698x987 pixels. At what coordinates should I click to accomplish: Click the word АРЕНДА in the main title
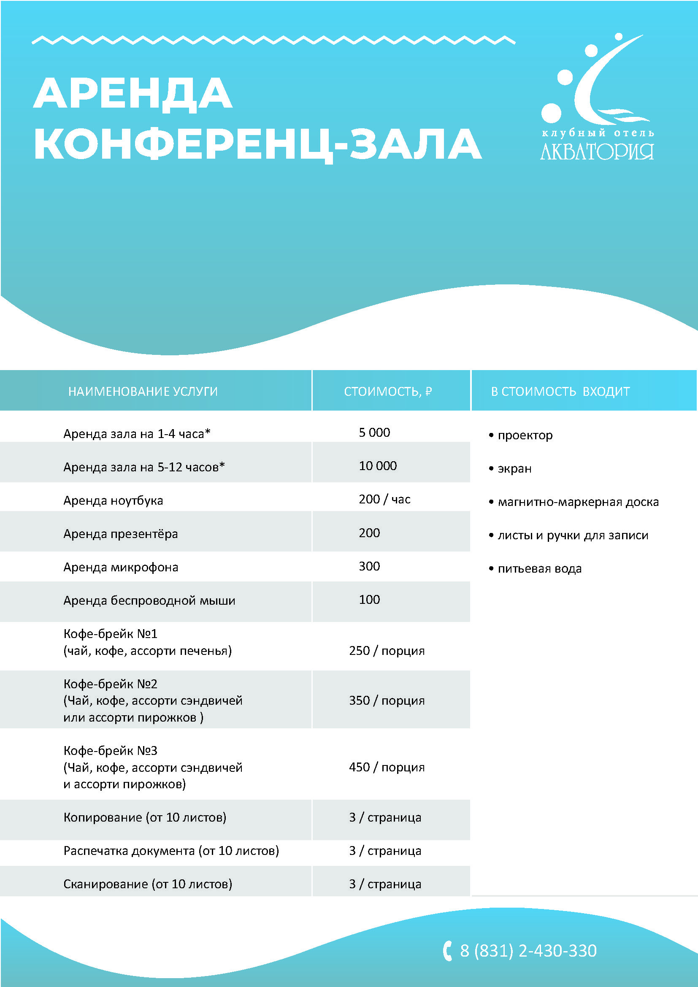[133, 94]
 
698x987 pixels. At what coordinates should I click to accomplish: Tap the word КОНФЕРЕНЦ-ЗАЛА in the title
[257, 144]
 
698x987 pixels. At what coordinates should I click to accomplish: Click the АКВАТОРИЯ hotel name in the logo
[597, 152]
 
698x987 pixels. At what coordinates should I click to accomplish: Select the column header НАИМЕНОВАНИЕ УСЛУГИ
[143, 391]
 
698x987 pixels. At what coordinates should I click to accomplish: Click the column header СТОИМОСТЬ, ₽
[388, 391]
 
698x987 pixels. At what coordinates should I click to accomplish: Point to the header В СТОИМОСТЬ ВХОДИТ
[560, 391]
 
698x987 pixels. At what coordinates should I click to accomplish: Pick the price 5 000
[374, 433]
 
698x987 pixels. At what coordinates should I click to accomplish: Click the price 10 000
[378, 465]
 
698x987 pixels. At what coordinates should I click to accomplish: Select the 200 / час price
[384, 499]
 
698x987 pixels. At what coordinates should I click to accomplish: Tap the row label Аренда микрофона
[121, 567]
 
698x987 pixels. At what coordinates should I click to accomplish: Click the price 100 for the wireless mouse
[369, 599]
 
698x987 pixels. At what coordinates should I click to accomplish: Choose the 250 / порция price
[387, 650]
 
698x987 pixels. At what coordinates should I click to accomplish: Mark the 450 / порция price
[387, 767]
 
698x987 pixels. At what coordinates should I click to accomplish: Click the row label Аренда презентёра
[120, 533]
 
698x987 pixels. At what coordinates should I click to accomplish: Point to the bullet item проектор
[525, 435]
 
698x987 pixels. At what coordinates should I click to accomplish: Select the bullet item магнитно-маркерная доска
[578, 502]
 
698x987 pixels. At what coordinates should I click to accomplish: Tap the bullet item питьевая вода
[539, 568]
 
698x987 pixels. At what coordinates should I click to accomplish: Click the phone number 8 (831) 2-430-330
[528, 950]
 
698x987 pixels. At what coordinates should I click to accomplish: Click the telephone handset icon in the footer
[447, 950]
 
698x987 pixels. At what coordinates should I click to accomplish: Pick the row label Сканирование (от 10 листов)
[147, 884]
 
